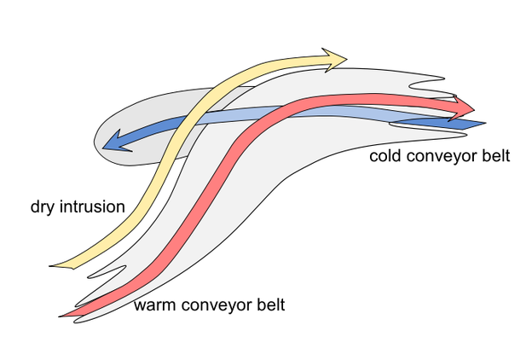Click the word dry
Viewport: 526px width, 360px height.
[43, 207]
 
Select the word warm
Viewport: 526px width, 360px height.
[154, 305]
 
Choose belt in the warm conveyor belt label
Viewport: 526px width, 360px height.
[268, 304]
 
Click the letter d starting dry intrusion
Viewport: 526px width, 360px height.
[34, 206]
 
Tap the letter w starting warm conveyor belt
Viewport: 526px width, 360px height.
[140, 305]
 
